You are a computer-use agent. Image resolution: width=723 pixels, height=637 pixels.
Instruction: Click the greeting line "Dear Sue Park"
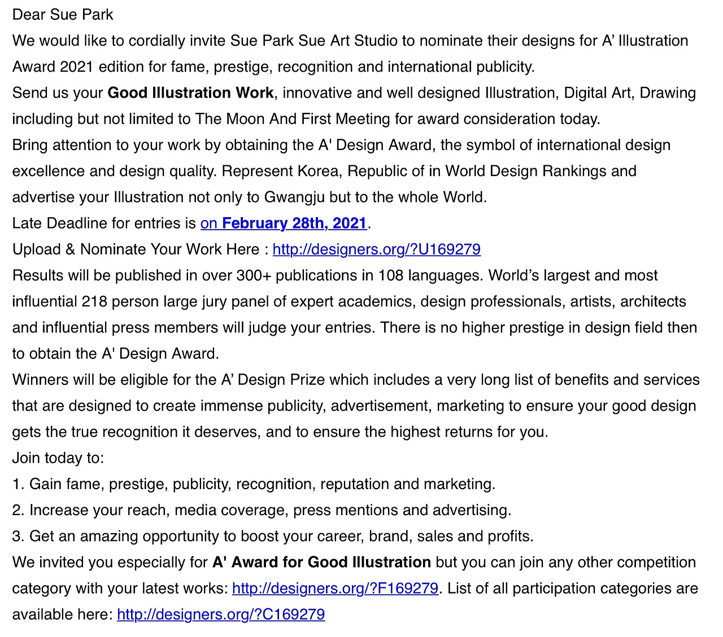pyautogui.click(x=63, y=15)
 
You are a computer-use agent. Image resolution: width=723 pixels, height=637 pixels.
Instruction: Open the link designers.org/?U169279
pyautogui.click(x=376, y=249)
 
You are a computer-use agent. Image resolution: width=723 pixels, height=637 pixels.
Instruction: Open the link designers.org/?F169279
pyautogui.click(x=335, y=588)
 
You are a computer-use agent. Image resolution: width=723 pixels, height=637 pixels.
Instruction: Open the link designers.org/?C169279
pyautogui.click(x=221, y=614)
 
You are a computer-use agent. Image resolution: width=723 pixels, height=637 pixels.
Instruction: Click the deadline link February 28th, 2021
pyautogui.click(x=284, y=223)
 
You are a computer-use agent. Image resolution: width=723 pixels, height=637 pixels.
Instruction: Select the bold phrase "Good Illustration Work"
pyautogui.click(x=190, y=93)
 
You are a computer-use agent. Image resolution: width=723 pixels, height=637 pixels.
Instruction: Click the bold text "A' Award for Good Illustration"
pyautogui.click(x=321, y=563)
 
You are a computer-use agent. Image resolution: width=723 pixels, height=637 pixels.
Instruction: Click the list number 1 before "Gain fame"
pyautogui.click(x=17, y=484)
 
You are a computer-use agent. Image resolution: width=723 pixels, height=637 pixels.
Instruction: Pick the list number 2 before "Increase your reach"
pyautogui.click(x=17, y=510)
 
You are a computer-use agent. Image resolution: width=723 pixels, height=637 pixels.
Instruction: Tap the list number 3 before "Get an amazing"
pyautogui.click(x=17, y=536)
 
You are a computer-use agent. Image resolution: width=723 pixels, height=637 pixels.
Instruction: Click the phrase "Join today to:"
pyautogui.click(x=58, y=458)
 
